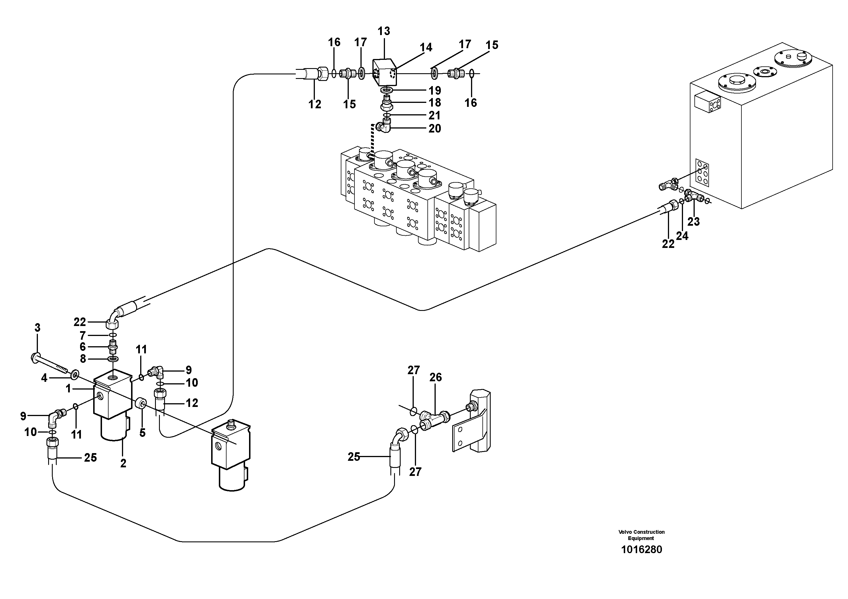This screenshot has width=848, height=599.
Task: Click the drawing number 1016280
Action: click(x=641, y=549)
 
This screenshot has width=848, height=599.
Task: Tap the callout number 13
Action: click(x=384, y=31)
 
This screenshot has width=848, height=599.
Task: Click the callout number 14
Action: click(x=425, y=47)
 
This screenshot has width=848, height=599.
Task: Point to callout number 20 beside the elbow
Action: click(x=435, y=129)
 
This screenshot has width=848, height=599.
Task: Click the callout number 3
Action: click(x=37, y=327)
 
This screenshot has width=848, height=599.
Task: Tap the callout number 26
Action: click(x=435, y=377)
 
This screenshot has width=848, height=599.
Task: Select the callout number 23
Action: click(x=693, y=222)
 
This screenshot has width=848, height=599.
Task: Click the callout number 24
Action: click(x=682, y=236)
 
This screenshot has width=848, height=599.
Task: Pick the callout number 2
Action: click(x=123, y=463)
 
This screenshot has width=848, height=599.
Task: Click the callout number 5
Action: click(x=142, y=433)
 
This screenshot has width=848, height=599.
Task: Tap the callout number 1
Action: click(x=68, y=388)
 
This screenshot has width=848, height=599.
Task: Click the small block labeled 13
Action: click(x=384, y=73)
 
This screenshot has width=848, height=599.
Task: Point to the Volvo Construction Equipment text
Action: click(x=641, y=535)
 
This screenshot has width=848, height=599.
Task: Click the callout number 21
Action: click(x=435, y=116)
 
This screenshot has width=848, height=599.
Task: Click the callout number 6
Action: click(x=82, y=347)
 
